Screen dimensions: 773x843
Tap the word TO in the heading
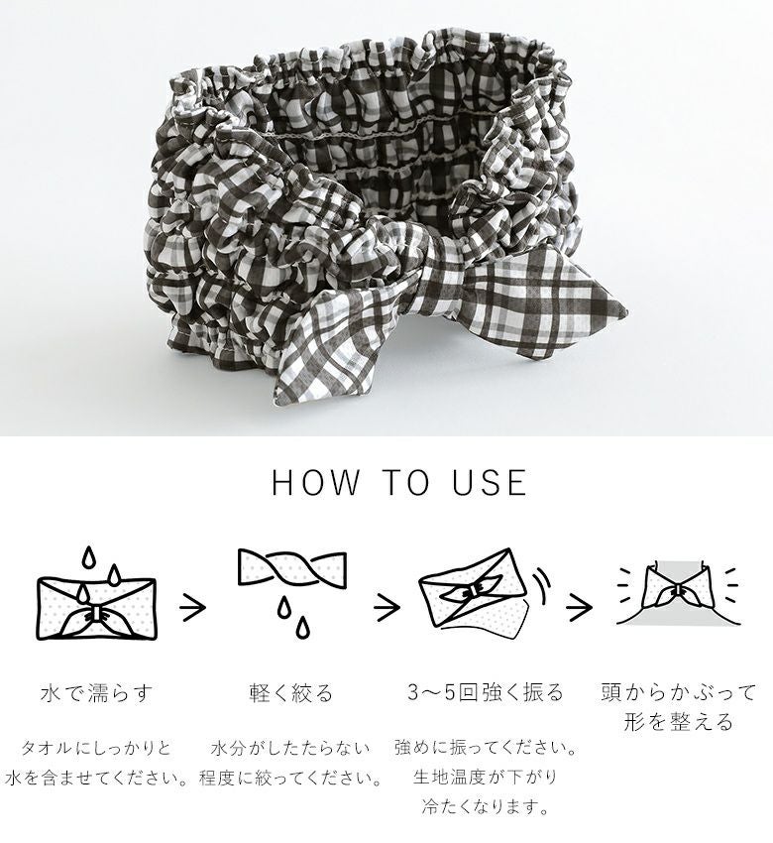(405, 482)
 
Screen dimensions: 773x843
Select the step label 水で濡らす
(96, 692)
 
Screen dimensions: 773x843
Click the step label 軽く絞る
(291, 692)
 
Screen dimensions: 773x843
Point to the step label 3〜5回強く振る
(485, 692)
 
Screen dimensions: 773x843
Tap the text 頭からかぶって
(679, 692)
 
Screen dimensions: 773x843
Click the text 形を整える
(679, 721)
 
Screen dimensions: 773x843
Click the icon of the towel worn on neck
(678, 594)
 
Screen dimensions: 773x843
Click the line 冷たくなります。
(485, 806)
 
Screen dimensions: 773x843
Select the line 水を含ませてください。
(96, 778)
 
